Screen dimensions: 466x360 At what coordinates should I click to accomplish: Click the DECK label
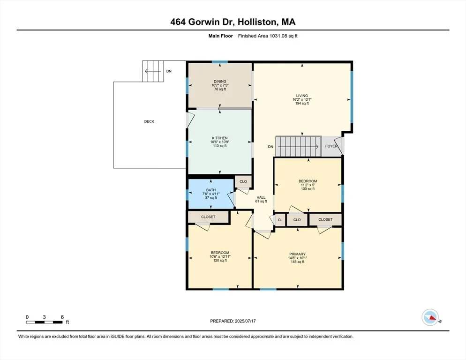coord(149,121)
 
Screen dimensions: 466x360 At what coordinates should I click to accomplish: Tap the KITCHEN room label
coord(220,138)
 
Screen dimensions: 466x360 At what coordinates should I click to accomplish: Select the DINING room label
coord(220,82)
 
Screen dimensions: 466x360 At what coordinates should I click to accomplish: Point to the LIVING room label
coord(302,96)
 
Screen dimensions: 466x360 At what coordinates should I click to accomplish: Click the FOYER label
coord(331,146)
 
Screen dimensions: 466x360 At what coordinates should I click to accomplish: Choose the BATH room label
coord(211,190)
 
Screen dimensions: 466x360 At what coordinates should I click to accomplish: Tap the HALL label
coord(261,197)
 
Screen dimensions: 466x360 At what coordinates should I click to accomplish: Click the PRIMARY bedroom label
coord(298,254)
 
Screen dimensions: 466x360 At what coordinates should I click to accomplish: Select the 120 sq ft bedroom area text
coord(220,261)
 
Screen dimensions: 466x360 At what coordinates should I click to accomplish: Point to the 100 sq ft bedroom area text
coord(308,189)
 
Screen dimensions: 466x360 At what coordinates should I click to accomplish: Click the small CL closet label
coord(280,220)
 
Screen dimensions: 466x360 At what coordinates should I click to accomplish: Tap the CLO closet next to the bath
coord(243,181)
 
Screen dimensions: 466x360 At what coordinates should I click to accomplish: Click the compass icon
coord(430,317)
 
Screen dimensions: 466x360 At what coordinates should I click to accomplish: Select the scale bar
coord(44,322)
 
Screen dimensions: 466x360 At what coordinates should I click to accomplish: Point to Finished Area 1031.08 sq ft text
coord(268,36)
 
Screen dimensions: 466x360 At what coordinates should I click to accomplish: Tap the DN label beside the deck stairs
coord(169,71)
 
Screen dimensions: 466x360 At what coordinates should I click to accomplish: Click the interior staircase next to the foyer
coord(298,146)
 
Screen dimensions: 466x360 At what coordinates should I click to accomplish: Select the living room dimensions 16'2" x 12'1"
coord(302,99)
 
